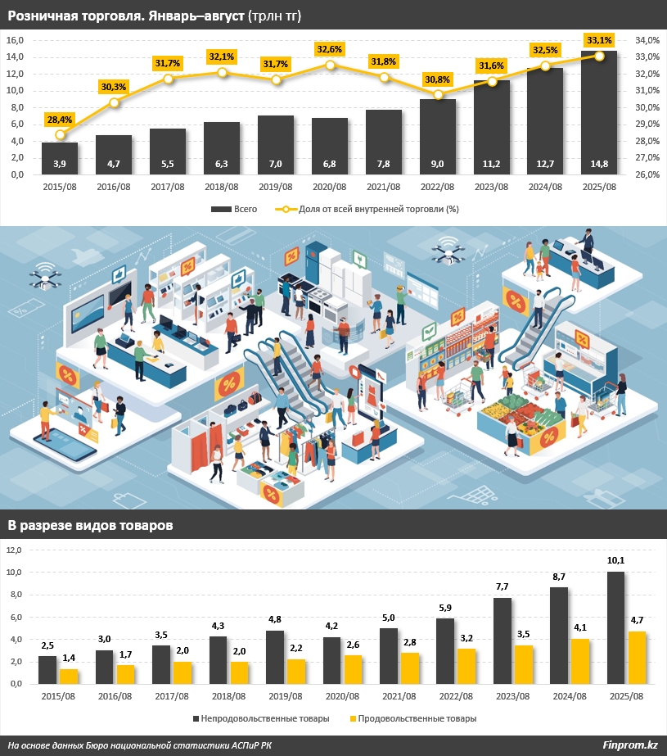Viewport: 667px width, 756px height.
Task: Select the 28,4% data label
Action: pos(60,120)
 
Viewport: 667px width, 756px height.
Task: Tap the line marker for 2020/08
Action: pos(330,65)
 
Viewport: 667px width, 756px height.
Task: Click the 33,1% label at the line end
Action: pos(599,39)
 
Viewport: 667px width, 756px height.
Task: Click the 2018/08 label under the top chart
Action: pos(222,188)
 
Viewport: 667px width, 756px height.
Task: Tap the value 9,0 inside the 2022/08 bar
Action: pos(438,164)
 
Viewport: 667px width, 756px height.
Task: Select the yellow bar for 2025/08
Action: pos(637,657)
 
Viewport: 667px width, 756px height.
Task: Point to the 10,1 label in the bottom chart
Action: pos(615,560)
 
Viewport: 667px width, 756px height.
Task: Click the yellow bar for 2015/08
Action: pos(70,676)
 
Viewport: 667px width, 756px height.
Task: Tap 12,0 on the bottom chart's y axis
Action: pos(16,550)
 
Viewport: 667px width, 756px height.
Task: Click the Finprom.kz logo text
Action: pos(629,745)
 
